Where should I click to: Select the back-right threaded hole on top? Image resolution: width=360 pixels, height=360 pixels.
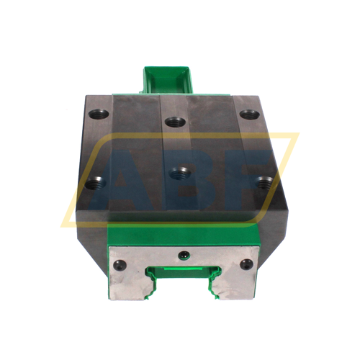click(248, 114)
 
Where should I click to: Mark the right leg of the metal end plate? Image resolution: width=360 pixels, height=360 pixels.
click(238, 284)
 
